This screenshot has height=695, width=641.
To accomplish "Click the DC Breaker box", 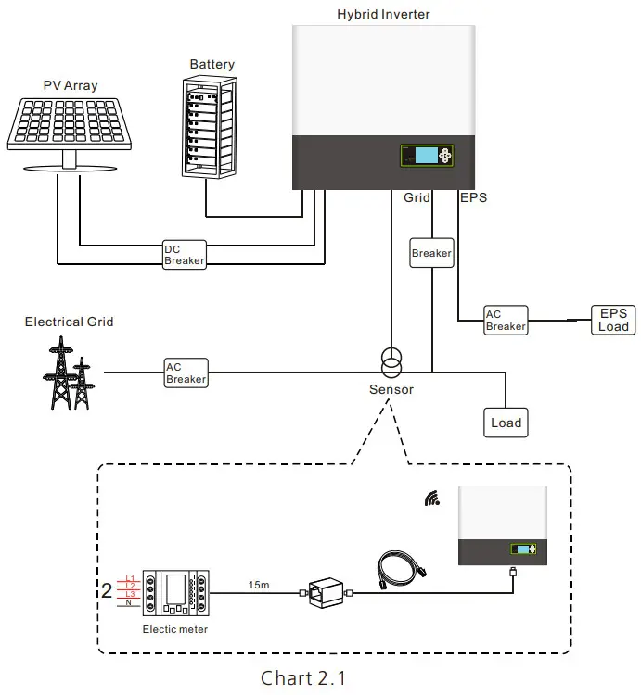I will point(184,255).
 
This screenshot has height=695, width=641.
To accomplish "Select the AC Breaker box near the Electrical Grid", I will point(186,373).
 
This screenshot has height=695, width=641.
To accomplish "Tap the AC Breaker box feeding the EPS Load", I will point(506,321).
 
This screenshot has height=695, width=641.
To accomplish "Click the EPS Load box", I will point(613,320).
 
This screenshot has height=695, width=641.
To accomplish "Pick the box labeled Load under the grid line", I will point(506,423).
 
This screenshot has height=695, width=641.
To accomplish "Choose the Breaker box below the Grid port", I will point(431,253).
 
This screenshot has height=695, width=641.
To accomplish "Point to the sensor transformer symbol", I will point(391,360).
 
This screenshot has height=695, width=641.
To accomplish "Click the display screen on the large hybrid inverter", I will point(427,155).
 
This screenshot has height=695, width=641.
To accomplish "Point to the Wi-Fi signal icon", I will point(432,499).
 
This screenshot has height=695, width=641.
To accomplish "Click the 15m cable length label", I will point(260,586).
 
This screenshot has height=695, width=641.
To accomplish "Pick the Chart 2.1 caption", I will point(302,677).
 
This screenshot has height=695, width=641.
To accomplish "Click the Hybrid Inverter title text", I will point(384,14).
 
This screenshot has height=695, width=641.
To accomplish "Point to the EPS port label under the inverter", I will point(473,197).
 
